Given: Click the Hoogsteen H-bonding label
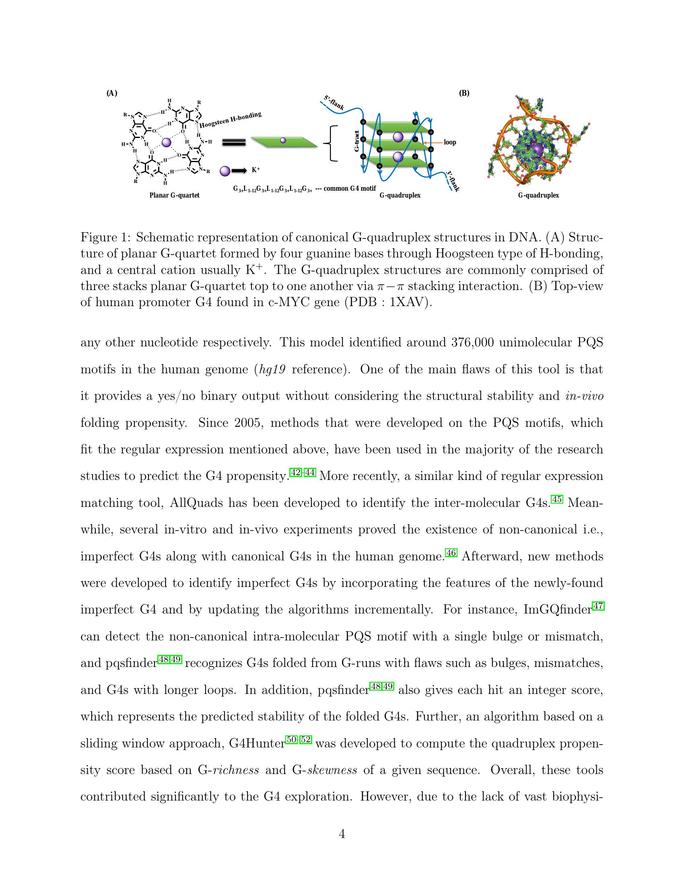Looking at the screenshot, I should click(230, 120).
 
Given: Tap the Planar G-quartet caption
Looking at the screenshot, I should click(174, 196).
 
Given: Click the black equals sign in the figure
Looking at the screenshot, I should click(234, 142).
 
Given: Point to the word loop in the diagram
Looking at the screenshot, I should click(450, 143).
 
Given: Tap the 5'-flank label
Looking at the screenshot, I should click(334, 103).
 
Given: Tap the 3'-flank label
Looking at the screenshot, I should click(453, 181).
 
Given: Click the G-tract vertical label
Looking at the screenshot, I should click(356, 141).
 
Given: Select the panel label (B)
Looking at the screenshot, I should click(464, 93).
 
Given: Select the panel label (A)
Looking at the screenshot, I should click(112, 93).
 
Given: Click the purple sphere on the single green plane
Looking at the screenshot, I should click(283, 140).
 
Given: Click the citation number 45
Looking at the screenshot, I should click(557, 499).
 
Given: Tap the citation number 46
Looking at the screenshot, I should click(451, 553).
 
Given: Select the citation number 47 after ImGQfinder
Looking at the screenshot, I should click(598, 606).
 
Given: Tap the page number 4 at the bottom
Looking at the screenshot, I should click(342, 834).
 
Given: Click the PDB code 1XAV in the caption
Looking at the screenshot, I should click(407, 303).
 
